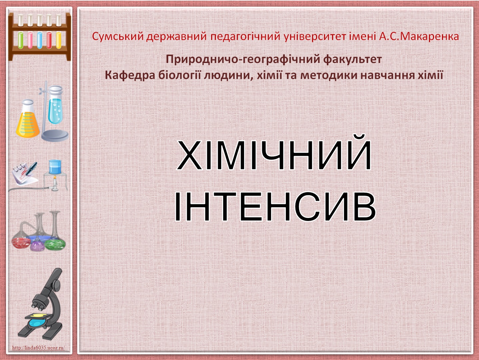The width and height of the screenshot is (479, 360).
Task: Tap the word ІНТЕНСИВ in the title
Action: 275,207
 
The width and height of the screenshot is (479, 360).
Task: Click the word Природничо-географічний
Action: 243,59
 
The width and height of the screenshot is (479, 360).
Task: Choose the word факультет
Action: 352,59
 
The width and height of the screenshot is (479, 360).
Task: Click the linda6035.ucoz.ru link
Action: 38,347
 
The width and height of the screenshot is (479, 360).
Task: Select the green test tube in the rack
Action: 21,40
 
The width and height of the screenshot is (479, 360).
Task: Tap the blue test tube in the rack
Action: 40,40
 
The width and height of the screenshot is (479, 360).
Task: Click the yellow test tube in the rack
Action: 59,40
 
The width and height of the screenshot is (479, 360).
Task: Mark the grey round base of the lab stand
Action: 55,135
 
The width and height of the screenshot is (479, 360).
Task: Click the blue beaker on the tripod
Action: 55,167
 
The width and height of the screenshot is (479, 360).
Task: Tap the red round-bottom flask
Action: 21,243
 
